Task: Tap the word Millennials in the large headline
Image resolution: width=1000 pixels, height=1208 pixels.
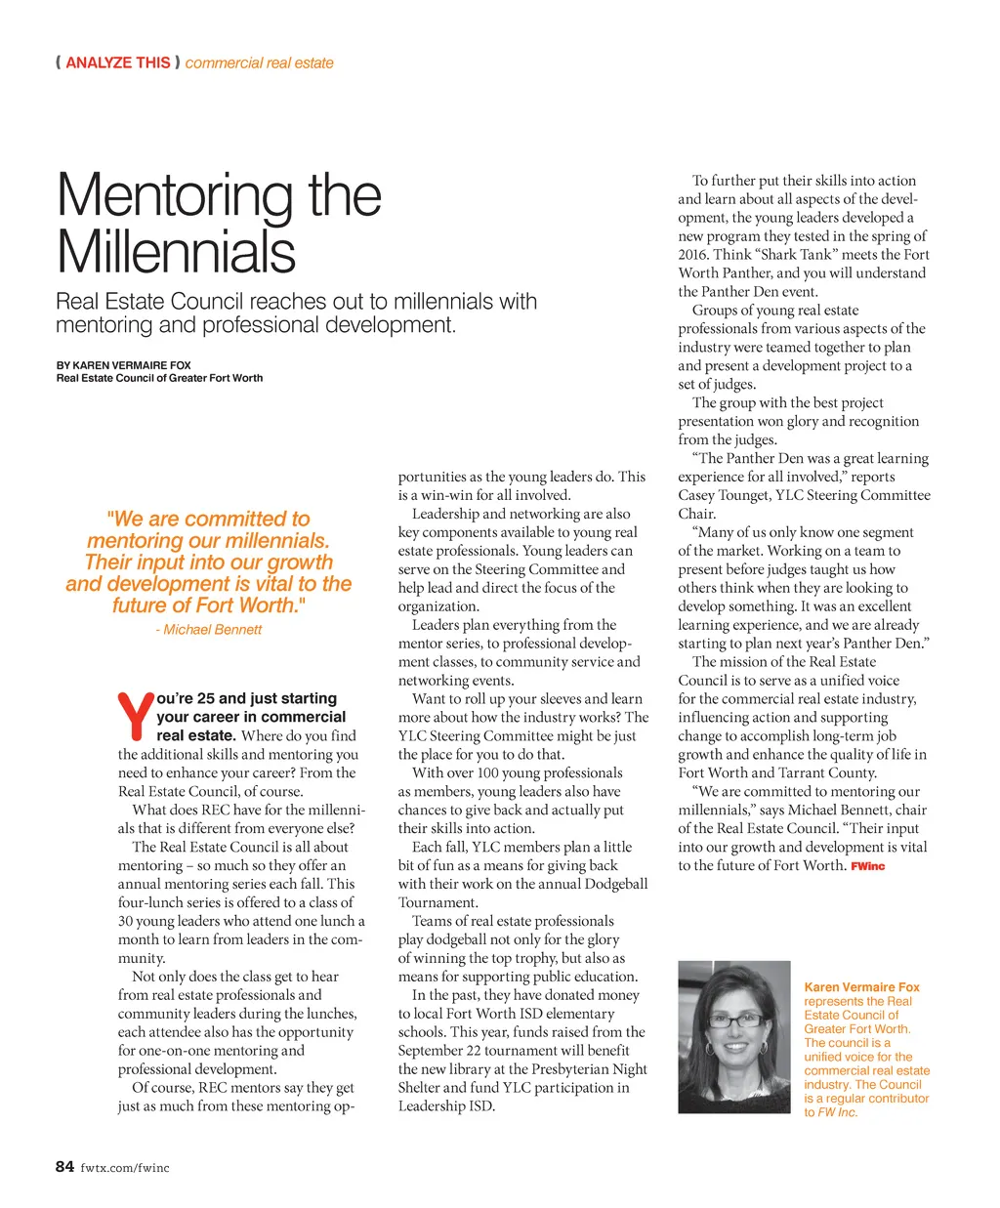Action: tap(176, 252)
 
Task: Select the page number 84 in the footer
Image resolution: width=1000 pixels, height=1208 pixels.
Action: tap(64, 1166)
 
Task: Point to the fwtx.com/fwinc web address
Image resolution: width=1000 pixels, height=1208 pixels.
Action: tap(125, 1167)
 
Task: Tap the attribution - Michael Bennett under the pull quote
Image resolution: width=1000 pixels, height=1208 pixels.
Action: tap(208, 630)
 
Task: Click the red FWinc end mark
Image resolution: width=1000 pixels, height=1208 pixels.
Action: tap(867, 866)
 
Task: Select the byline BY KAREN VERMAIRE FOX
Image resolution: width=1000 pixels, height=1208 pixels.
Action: tap(123, 365)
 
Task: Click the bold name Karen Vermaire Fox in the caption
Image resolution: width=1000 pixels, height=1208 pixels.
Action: tap(861, 987)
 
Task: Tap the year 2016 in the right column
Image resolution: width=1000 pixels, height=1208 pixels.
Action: tap(692, 255)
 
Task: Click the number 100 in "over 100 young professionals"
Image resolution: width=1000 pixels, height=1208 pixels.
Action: tap(486, 773)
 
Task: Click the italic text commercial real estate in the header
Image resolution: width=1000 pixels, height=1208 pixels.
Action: tap(259, 62)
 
